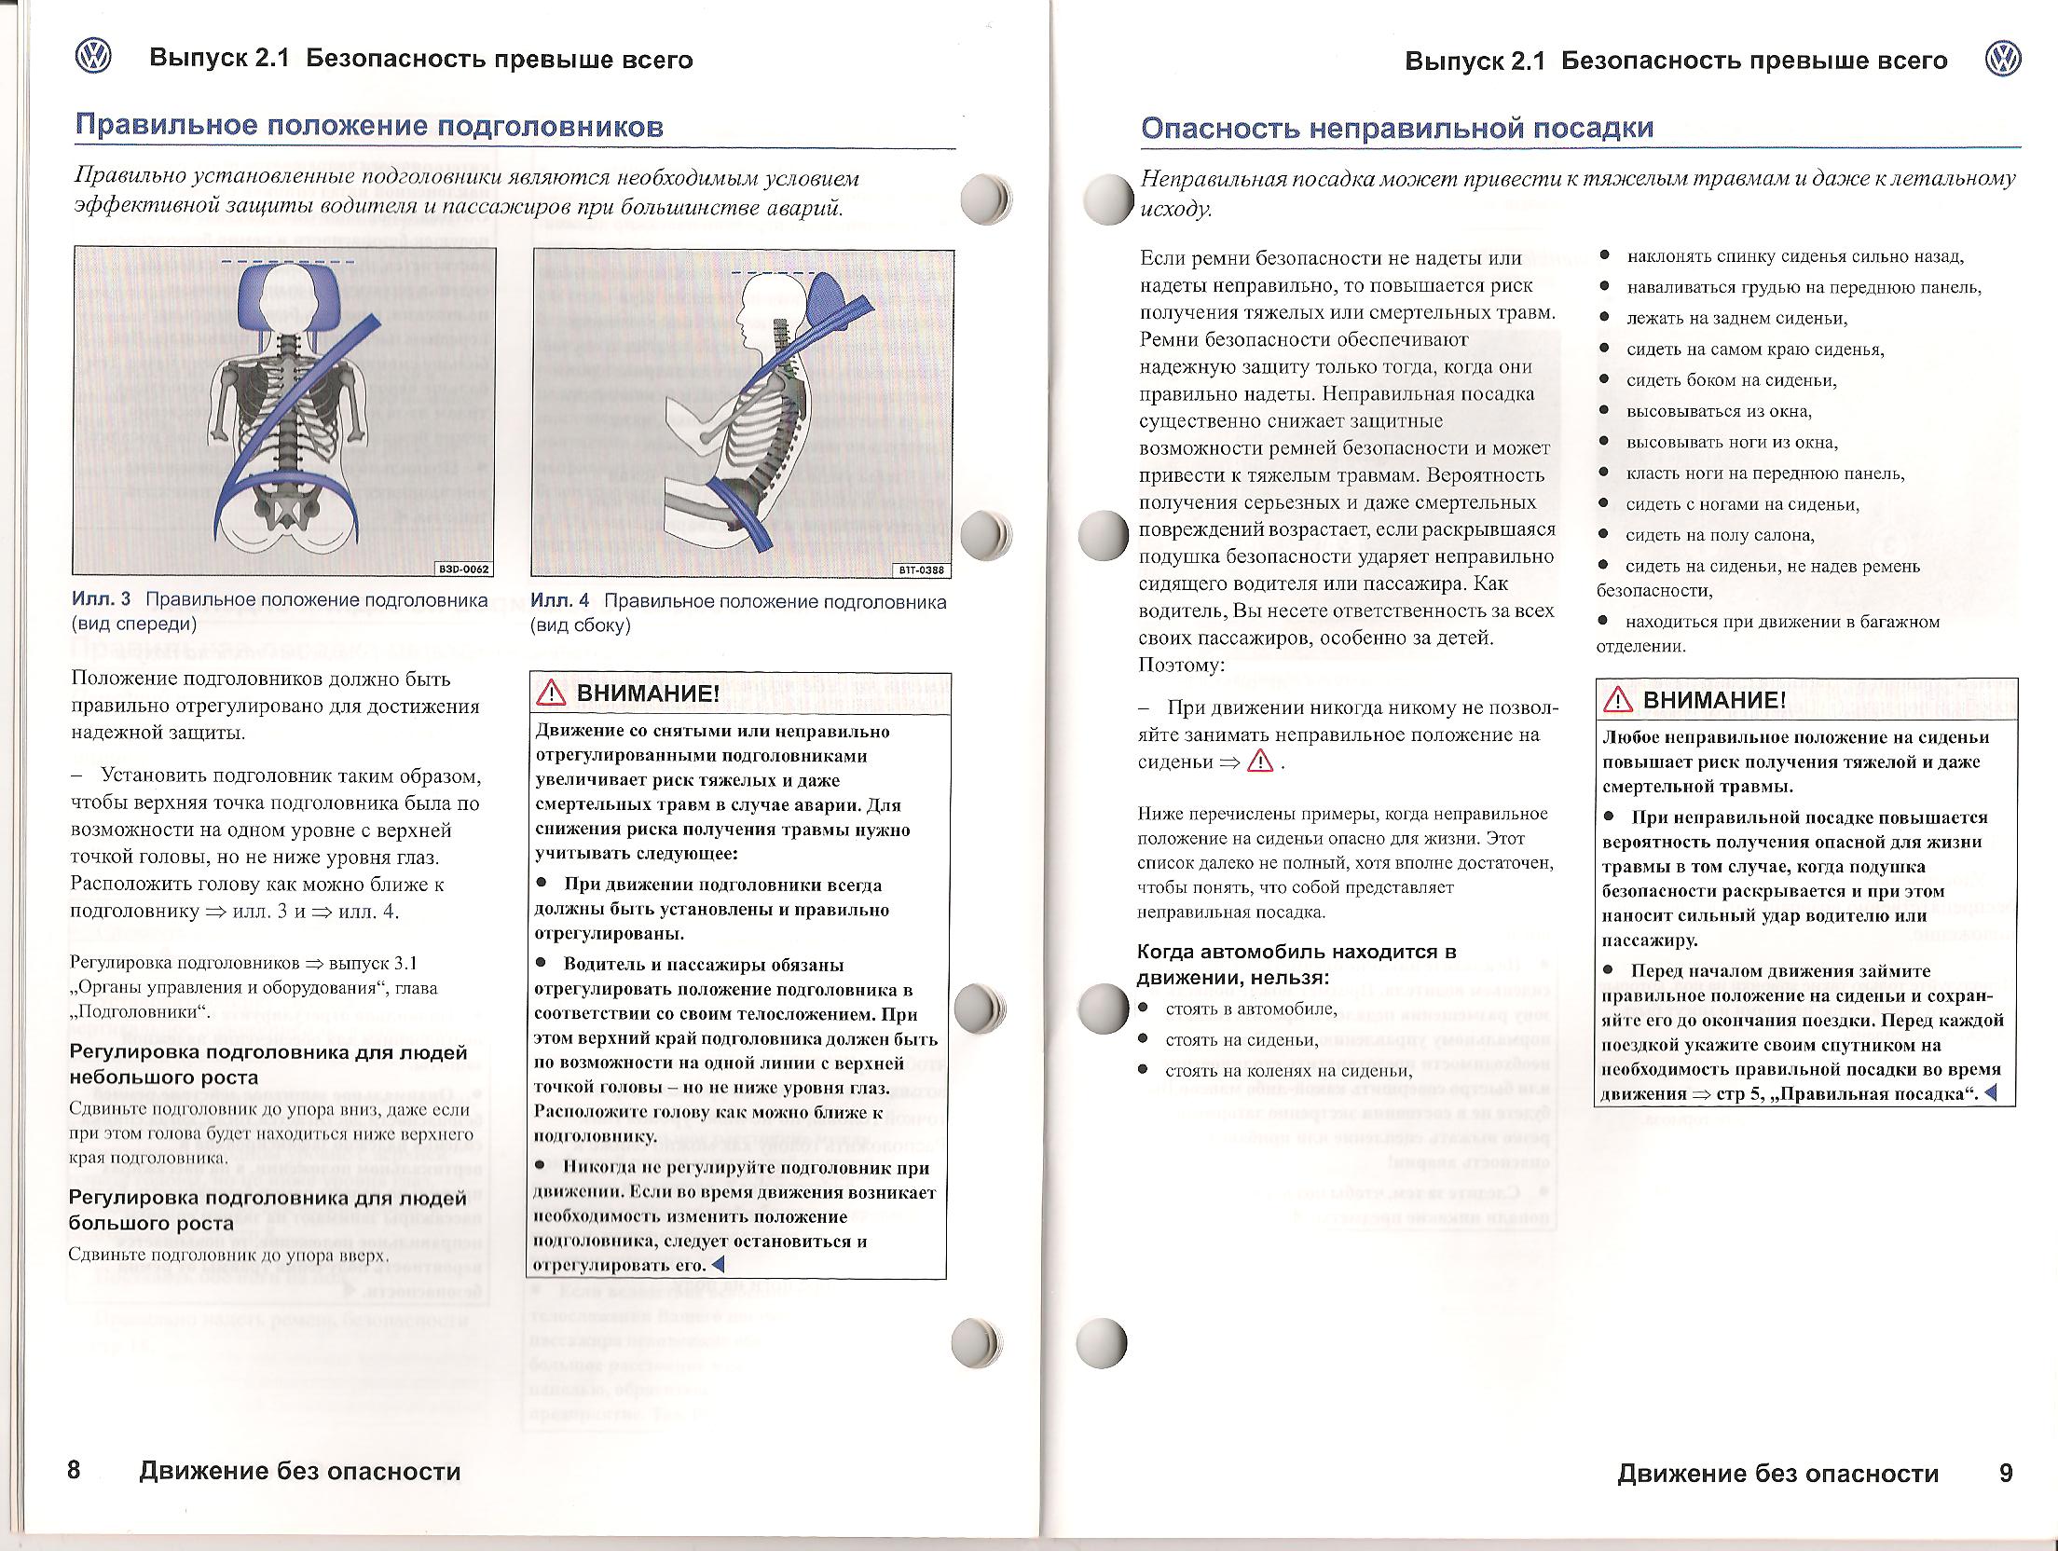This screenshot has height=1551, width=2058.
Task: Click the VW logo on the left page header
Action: tap(92, 58)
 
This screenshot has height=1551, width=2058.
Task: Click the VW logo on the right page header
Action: tap(2002, 60)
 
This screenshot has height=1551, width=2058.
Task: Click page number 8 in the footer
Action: tap(75, 1470)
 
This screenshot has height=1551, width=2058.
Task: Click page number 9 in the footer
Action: tap(2006, 1473)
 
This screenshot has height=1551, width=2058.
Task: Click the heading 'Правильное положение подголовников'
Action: tap(369, 127)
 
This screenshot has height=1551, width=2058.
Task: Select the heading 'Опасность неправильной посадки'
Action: tap(1397, 129)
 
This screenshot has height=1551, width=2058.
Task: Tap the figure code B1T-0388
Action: tap(921, 570)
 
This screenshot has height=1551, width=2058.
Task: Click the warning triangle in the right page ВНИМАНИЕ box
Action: tap(1618, 700)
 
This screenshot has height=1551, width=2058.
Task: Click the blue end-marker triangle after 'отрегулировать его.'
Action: tap(717, 1265)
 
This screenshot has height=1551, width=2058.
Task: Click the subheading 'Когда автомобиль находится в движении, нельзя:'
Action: tap(1296, 965)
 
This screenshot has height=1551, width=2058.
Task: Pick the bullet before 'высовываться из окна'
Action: tap(1605, 411)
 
